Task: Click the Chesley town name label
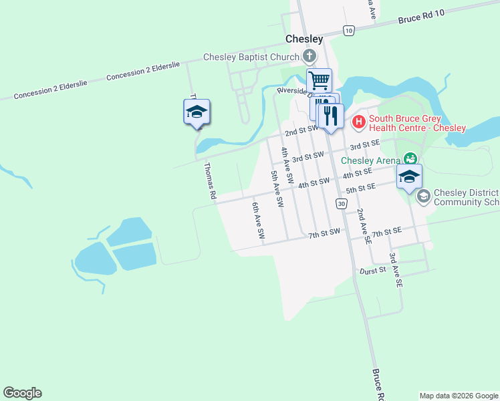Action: (304, 39)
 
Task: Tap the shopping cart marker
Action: (320, 80)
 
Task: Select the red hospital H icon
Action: (358, 121)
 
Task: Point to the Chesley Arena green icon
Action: (410, 160)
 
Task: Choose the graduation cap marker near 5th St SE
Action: (409, 176)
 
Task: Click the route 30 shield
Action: (342, 203)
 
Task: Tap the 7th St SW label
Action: (324, 234)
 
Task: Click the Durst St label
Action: (373, 271)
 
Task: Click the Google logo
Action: (22, 393)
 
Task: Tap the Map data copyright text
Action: (459, 396)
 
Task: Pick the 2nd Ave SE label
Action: (363, 227)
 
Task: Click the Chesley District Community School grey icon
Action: (422, 196)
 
